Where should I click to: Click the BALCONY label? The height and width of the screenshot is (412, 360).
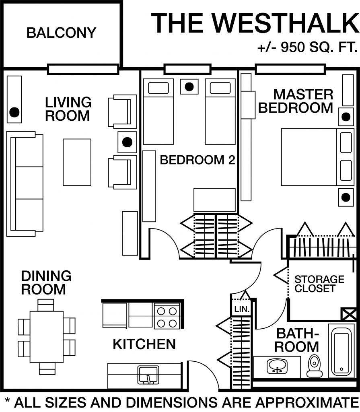(61, 33)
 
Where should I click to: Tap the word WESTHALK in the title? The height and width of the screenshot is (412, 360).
(283, 23)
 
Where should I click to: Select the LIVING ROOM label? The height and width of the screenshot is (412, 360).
(68, 109)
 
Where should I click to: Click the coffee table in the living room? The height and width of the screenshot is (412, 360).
(77, 162)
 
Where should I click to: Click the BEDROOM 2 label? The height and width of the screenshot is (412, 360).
(197, 160)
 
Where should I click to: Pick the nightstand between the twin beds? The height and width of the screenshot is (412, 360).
(189, 86)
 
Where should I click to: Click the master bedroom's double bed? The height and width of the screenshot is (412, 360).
(310, 157)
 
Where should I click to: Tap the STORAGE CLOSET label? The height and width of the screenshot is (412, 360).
(314, 284)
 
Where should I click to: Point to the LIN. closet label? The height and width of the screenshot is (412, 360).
(241, 309)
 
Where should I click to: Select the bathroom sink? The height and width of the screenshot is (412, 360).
(277, 366)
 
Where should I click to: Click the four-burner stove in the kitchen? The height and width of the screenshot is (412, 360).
(167, 317)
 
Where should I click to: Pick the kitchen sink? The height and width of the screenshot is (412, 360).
(148, 375)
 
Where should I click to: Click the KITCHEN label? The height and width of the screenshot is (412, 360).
(144, 344)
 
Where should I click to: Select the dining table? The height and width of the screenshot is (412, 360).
(46, 336)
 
